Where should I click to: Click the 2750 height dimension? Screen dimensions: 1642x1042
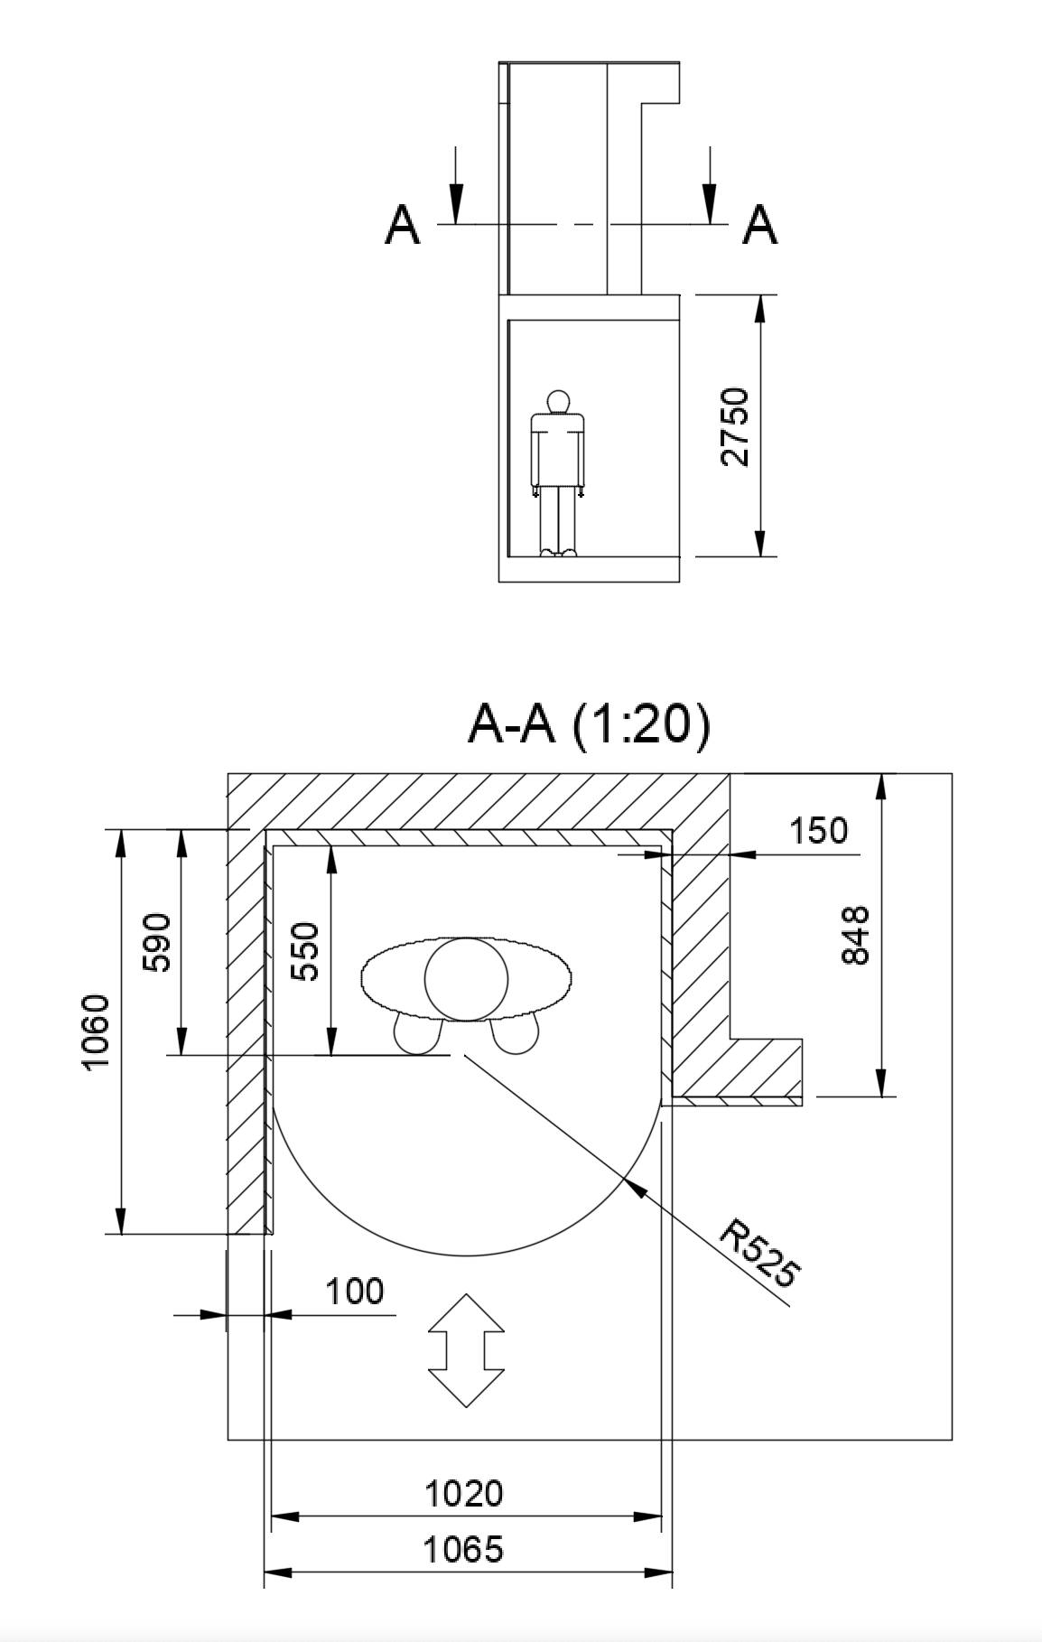coord(736,426)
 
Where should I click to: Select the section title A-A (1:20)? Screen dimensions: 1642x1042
coord(589,724)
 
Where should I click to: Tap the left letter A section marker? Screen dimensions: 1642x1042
coord(402,225)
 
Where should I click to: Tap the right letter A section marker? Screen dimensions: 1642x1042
coord(759,225)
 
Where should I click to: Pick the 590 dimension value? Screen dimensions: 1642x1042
coord(157,942)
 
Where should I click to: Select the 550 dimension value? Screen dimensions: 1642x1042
coord(308,951)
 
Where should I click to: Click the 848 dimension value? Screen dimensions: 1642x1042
coord(854,935)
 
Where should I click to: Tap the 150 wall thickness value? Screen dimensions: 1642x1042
coord(819,831)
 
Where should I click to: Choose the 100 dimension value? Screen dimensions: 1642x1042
coord(354,1292)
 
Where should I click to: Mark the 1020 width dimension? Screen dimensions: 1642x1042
coord(464,1493)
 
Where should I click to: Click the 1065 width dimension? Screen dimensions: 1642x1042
coord(464,1550)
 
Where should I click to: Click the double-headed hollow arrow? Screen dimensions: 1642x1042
coord(465,1350)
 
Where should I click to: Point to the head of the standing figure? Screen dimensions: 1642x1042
coord(559,401)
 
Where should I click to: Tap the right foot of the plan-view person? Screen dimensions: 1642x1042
coord(516,1034)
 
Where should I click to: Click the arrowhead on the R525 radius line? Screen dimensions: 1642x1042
coord(637,1189)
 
